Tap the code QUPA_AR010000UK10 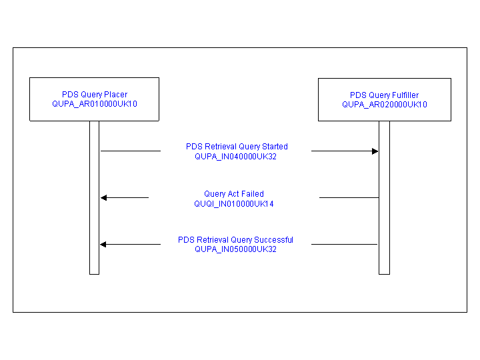pyautogui.click(x=94, y=104)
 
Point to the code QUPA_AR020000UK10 pyautogui.click(x=385, y=105)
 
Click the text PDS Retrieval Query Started pyautogui.click(x=237, y=147)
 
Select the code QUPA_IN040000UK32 pyautogui.click(x=235, y=156)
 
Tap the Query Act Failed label pyautogui.click(x=234, y=194)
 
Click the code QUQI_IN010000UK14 pyautogui.click(x=234, y=203)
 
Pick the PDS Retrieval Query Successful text pyautogui.click(x=235, y=240)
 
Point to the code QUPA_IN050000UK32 pyautogui.click(x=235, y=249)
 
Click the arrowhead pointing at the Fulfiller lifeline pyautogui.click(x=375, y=151)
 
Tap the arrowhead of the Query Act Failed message pyautogui.click(x=104, y=197)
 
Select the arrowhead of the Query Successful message pyautogui.click(x=104, y=245)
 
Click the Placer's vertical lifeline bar pyautogui.click(x=94, y=220)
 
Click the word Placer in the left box pyautogui.click(x=116, y=95)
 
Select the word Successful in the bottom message pyautogui.click(x=273, y=240)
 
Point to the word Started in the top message pyautogui.click(x=275, y=147)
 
